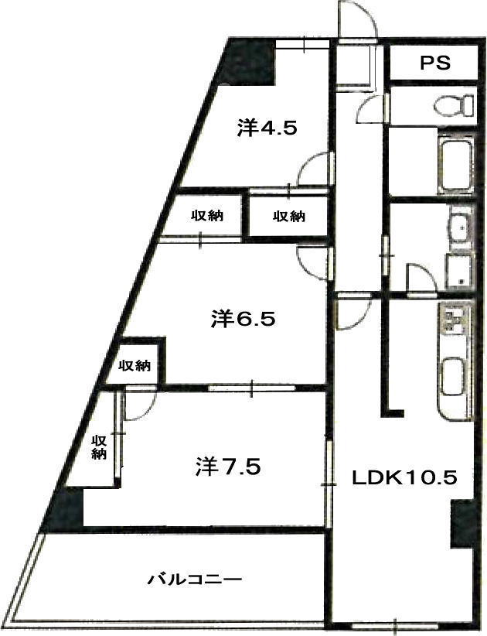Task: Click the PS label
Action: tap(434, 63)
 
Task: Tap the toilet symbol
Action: tap(453, 105)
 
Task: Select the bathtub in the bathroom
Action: tap(455, 164)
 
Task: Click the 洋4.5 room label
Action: tap(267, 128)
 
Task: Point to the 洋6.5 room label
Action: tap(243, 318)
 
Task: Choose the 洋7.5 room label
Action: tap(228, 466)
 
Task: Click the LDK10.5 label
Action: tap(404, 477)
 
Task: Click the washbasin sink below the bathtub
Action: tap(460, 228)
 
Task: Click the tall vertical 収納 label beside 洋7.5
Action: tap(98, 446)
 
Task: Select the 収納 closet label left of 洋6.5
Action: tap(135, 365)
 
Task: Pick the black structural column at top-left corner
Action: tap(248, 61)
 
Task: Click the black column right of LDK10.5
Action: tap(462, 523)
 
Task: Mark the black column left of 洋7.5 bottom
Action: tap(65, 509)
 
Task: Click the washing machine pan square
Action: tap(459, 271)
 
